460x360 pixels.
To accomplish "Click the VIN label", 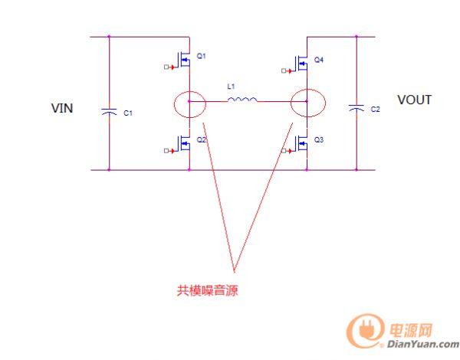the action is click(61, 108).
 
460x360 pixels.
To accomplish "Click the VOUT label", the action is click(414, 100).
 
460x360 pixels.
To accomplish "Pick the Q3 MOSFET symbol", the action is click(302, 142).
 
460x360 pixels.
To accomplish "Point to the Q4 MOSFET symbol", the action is click(302, 60).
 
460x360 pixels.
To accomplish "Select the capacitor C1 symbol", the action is click(109, 112).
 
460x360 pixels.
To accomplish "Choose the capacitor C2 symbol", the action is click(356, 109).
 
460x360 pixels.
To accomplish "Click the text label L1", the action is click(231, 87).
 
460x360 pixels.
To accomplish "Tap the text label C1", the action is click(128, 113).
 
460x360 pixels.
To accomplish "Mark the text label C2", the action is click(375, 110).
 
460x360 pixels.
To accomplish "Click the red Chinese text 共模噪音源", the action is click(203, 290).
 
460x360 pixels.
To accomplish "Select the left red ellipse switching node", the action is click(189, 104).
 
